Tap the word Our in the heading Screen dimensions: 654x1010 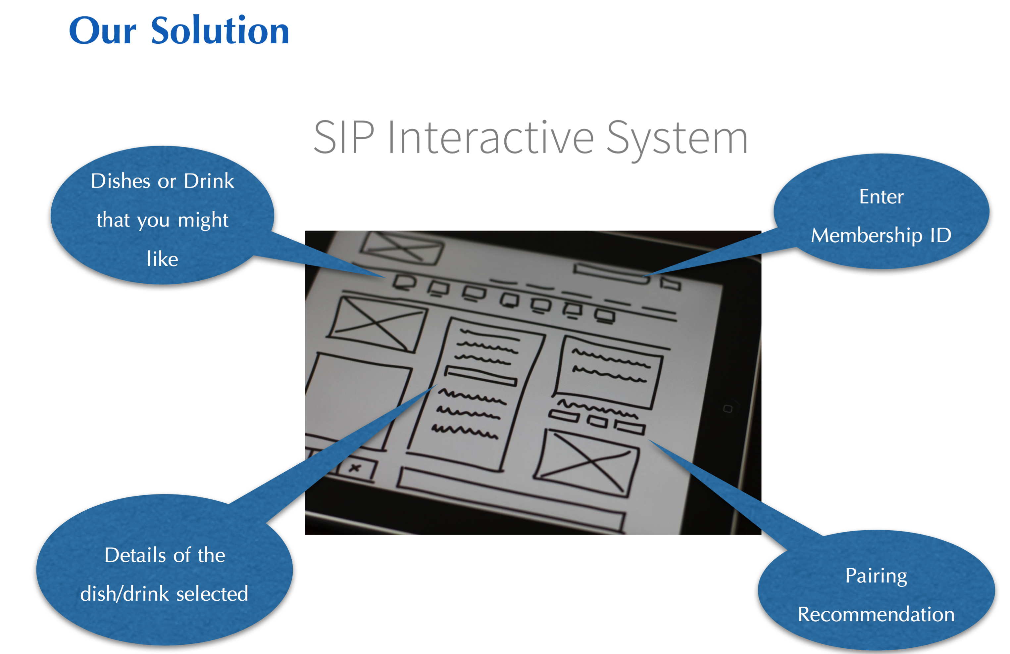(103, 31)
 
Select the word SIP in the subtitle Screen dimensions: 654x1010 (344, 137)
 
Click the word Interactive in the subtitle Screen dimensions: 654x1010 (490, 137)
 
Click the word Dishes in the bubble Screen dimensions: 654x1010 (121, 181)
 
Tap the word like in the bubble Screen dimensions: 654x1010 (162, 259)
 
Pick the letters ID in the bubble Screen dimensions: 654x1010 (941, 235)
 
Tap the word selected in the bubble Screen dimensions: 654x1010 (212, 594)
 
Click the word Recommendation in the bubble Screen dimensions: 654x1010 (876, 615)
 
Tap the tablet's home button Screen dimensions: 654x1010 (728, 409)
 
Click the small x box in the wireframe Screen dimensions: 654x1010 (355, 468)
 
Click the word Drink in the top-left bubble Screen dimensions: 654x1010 (209, 181)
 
